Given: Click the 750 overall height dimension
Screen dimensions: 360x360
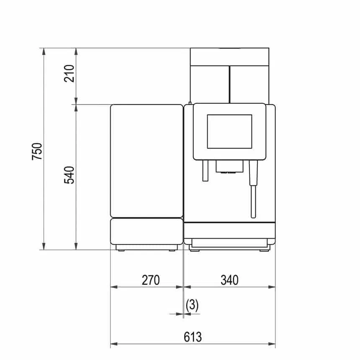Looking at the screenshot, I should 37,152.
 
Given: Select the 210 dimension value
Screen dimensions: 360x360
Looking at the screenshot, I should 69,73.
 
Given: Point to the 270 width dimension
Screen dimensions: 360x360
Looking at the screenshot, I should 151,279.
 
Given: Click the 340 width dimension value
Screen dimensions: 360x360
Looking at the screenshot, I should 229,279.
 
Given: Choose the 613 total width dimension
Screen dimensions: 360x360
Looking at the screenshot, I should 193,337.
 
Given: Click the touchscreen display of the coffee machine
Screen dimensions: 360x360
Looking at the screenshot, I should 230,131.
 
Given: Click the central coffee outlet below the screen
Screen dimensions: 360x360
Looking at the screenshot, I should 229,167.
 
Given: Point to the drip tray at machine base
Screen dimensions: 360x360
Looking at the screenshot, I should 229,241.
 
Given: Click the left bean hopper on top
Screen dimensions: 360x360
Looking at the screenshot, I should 210,84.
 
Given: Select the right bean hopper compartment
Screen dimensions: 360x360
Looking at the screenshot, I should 249,84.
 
